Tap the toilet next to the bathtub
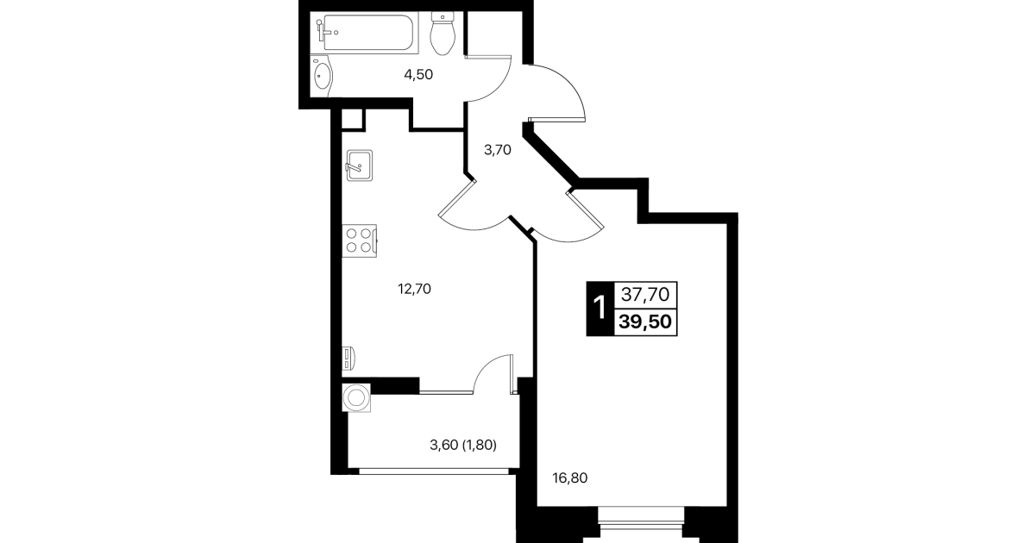click(443, 34)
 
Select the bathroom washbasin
click(322, 76)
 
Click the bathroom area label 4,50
click(418, 74)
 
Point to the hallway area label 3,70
click(498, 150)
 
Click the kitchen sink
click(359, 165)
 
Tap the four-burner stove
click(360, 240)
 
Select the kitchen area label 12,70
click(414, 289)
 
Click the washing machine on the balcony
click(356, 398)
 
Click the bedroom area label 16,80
click(570, 477)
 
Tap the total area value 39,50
click(645, 321)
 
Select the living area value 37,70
click(645, 294)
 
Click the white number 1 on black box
click(600, 309)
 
